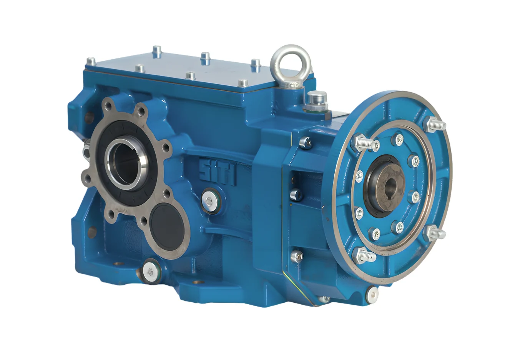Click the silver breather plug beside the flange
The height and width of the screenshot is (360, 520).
click(x=317, y=102)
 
